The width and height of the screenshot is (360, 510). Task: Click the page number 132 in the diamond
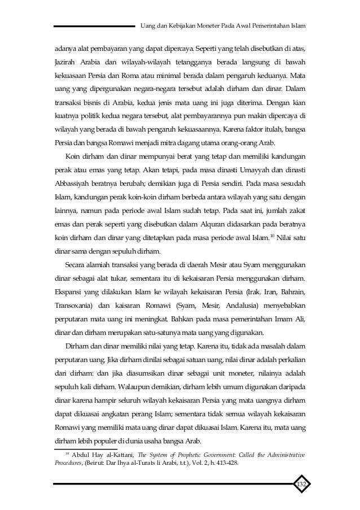tap(301, 485)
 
